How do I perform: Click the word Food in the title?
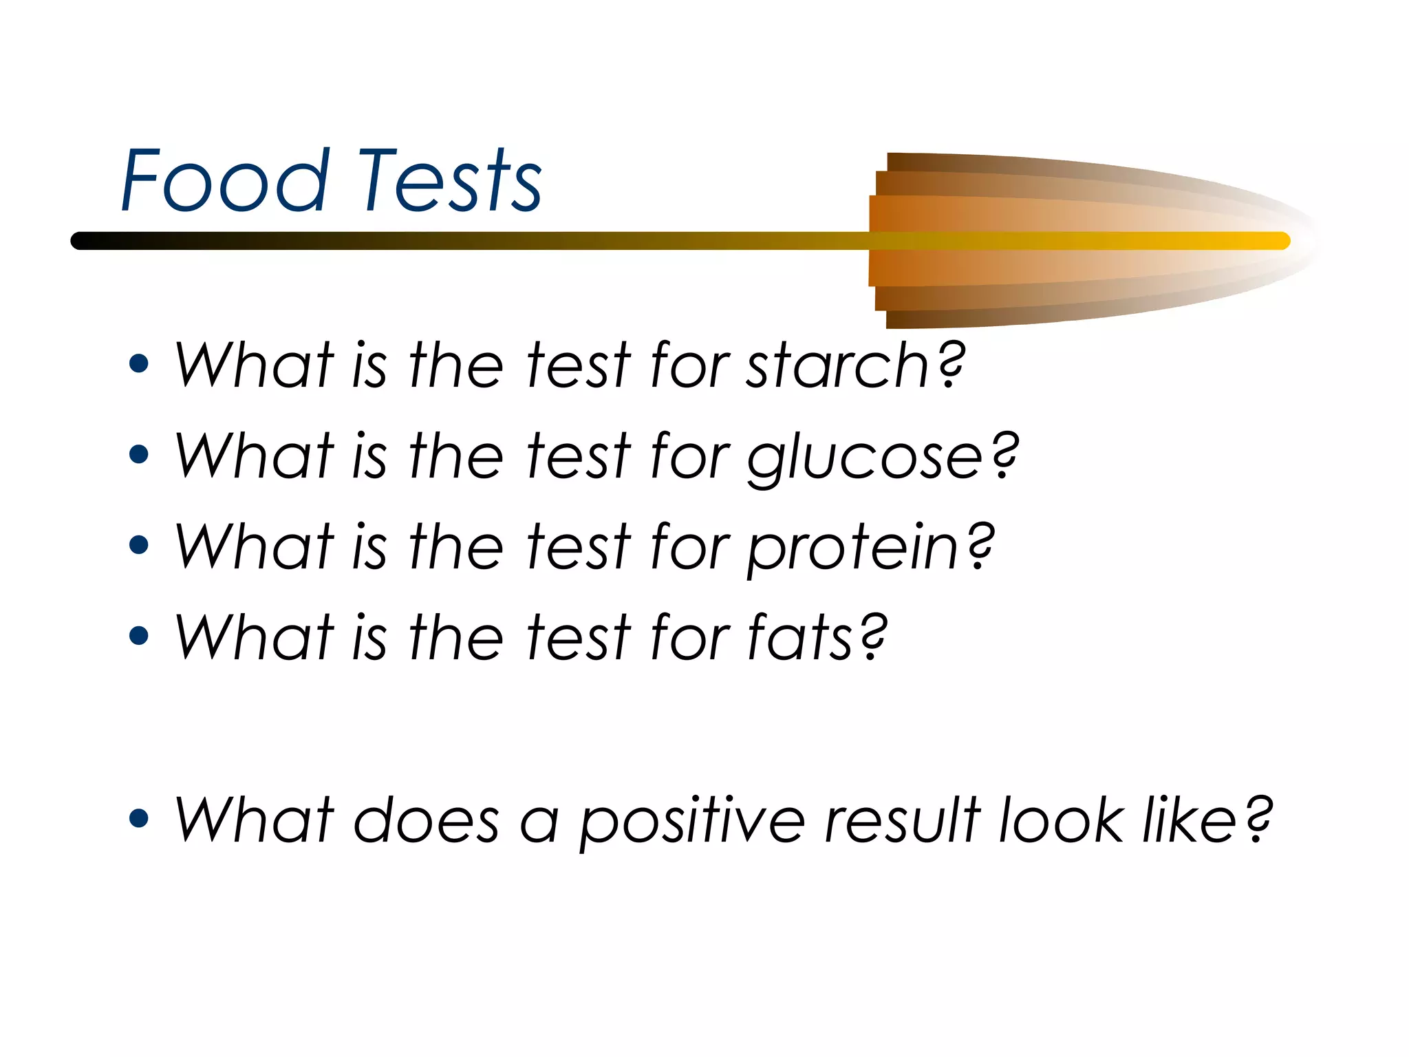click(x=224, y=181)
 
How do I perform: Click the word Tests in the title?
click(x=450, y=181)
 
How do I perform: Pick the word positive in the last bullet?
click(x=692, y=821)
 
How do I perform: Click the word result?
click(x=902, y=821)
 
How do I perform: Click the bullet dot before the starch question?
click(x=139, y=364)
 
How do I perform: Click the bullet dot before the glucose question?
click(x=139, y=454)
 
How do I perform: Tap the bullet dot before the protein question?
click(x=139, y=545)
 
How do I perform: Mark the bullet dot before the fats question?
click(x=139, y=636)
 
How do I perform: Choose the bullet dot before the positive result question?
click(x=139, y=818)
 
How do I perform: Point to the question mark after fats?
click(x=873, y=637)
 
